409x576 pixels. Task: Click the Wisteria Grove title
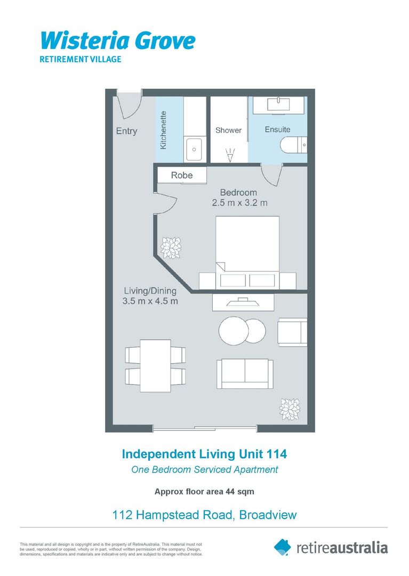(x=118, y=41)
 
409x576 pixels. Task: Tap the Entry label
(x=126, y=131)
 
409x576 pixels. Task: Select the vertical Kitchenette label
(x=164, y=130)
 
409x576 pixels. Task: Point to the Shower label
(x=228, y=130)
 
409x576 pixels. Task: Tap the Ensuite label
(x=278, y=130)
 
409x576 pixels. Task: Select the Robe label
(x=181, y=175)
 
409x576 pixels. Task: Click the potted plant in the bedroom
(x=172, y=247)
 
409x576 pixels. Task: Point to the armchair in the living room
(x=292, y=332)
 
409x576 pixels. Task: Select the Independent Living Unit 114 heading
(x=204, y=454)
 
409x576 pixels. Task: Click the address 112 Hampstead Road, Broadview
(x=204, y=515)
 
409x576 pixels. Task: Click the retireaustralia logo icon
(x=283, y=547)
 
